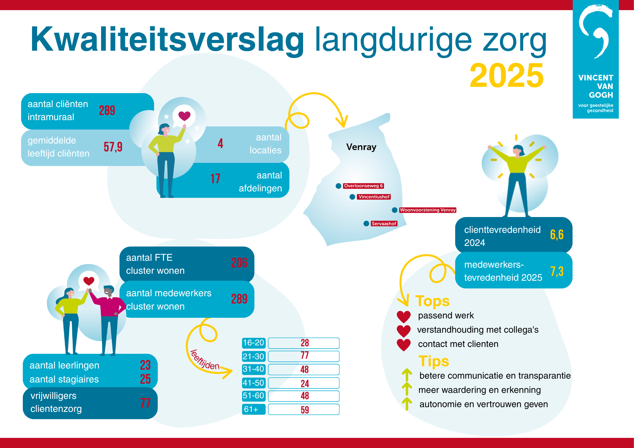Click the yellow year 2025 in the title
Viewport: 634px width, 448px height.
pyautogui.click(x=507, y=75)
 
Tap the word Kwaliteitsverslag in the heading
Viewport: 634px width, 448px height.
pyautogui.click(x=167, y=39)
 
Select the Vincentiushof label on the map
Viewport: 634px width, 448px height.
pyautogui.click(x=374, y=197)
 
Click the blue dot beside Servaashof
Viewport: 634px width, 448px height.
pyautogui.click(x=366, y=224)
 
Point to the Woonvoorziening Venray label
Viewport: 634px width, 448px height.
pyautogui.click(x=428, y=210)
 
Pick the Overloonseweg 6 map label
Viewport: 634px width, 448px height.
pyautogui.click(x=363, y=186)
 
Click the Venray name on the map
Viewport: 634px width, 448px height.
pyautogui.click(x=361, y=147)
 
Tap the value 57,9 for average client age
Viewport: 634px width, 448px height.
pyautogui.click(x=113, y=147)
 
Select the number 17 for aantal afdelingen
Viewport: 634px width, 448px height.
pyautogui.click(x=215, y=179)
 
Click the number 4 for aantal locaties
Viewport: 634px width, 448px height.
pyautogui.click(x=220, y=144)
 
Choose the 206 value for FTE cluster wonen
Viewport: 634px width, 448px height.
pyautogui.click(x=239, y=263)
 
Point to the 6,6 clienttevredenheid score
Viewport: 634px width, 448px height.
pyautogui.click(x=557, y=235)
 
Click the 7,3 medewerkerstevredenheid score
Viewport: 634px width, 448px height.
pyautogui.click(x=557, y=272)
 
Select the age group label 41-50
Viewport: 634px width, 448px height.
pyautogui.click(x=253, y=383)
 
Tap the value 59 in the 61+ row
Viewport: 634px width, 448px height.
pyautogui.click(x=305, y=410)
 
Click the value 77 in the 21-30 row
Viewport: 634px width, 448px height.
pyautogui.click(x=305, y=355)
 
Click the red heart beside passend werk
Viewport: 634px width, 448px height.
pyautogui.click(x=404, y=317)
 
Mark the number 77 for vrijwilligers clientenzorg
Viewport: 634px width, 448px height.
pyautogui.click(x=145, y=403)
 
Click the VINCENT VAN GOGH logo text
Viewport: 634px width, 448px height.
pyautogui.click(x=596, y=86)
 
